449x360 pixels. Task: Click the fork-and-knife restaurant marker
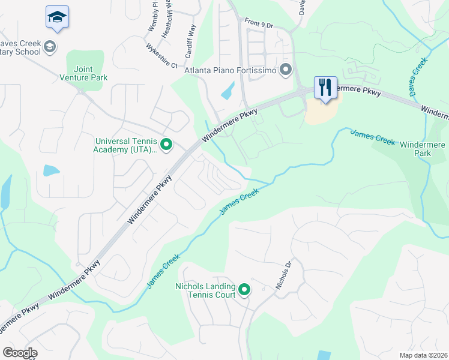pos(325,88)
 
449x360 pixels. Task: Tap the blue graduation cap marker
pos(57,17)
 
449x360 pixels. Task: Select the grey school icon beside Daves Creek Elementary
pos(50,46)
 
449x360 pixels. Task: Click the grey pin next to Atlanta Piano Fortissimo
pos(286,70)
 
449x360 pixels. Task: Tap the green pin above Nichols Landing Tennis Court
pos(244,290)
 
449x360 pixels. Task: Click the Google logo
pos(20,353)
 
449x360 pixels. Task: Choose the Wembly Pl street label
pos(152,18)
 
